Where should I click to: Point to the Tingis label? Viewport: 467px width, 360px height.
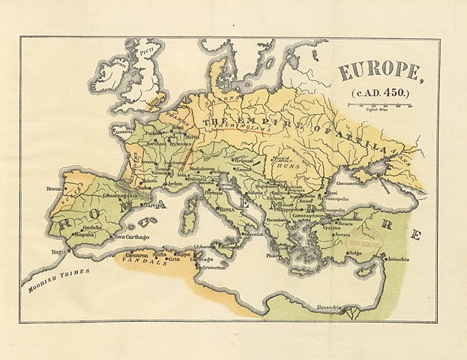tap(54, 252)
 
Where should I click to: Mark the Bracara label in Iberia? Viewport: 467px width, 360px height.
tap(54, 189)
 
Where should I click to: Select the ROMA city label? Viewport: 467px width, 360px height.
tap(228, 211)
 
